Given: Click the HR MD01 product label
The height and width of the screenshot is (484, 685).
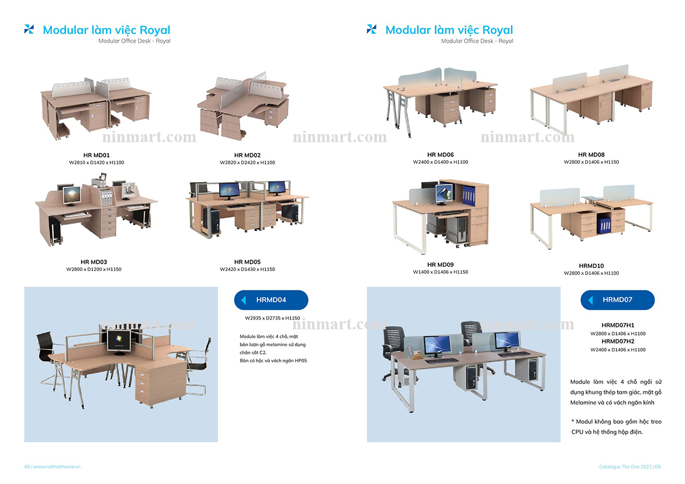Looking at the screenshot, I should (x=96, y=155).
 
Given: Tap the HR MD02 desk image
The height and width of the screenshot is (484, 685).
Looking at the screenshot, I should (x=243, y=107).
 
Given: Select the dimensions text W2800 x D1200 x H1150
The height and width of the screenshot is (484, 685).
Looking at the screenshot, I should (x=94, y=269).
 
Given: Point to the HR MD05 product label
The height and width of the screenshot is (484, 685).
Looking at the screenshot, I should (x=247, y=262).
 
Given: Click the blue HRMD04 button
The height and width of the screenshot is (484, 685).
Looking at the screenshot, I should (x=271, y=300).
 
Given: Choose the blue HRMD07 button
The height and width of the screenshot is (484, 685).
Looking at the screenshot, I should (x=618, y=300).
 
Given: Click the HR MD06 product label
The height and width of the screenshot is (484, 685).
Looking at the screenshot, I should (x=440, y=155).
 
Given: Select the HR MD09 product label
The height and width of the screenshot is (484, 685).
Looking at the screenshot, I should (x=440, y=265).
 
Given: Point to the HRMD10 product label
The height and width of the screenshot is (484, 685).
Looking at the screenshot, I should (x=591, y=266).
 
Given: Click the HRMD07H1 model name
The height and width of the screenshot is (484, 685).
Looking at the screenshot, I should (x=618, y=325).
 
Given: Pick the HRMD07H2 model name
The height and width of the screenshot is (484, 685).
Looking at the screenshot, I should (x=618, y=341).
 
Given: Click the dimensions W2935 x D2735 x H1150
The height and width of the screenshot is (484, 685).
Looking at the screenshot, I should (x=272, y=318).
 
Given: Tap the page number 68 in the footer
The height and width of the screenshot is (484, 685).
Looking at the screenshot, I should (x=27, y=466).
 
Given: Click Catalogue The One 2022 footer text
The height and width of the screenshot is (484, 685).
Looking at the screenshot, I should (x=624, y=466).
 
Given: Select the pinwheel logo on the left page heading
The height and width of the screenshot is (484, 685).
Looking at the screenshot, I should (x=29, y=29).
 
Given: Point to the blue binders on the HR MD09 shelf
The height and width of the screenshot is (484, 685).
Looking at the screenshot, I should (x=468, y=195).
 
